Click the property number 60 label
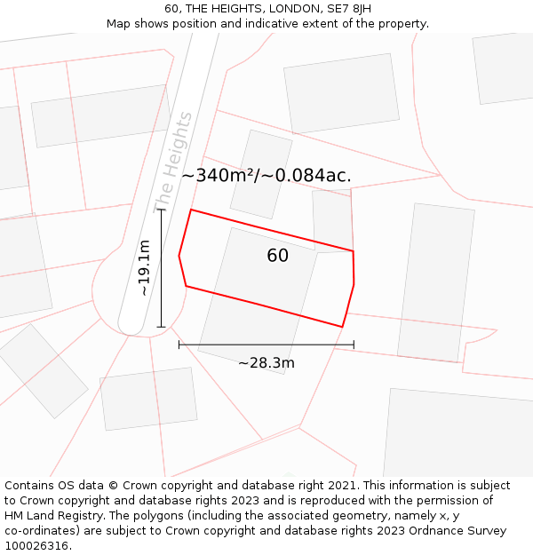click(x=277, y=256)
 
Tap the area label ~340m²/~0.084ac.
click(x=266, y=175)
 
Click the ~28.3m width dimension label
click(x=266, y=362)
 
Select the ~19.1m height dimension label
click(x=144, y=268)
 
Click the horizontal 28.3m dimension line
click(x=266, y=345)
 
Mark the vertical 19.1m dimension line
click(x=161, y=266)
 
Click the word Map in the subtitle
click(x=119, y=24)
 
